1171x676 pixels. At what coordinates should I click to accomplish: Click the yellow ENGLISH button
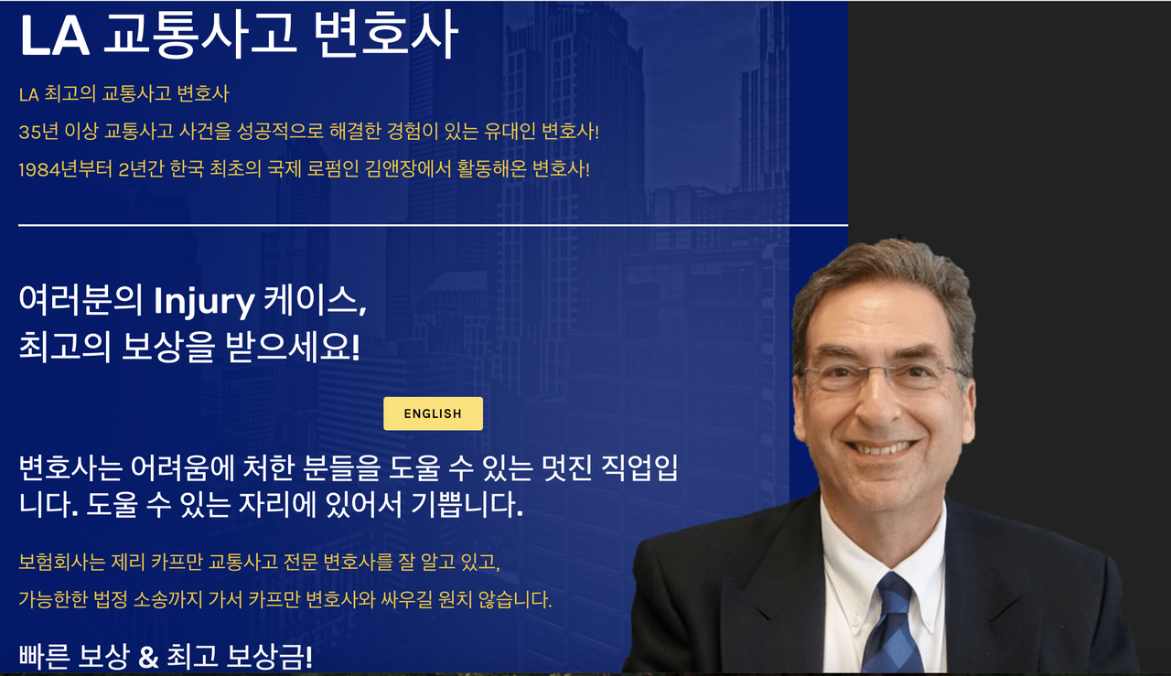pyautogui.click(x=433, y=413)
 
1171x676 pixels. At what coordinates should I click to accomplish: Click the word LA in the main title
pyautogui.click(x=55, y=37)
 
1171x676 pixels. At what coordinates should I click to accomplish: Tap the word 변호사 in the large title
pyautogui.click(x=386, y=36)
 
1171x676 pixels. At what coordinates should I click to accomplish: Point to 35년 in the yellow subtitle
pyautogui.click(x=38, y=131)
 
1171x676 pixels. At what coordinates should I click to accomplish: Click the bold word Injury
pyautogui.click(x=204, y=302)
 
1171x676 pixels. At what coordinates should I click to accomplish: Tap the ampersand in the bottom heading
pyautogui.click(x=148, y=657)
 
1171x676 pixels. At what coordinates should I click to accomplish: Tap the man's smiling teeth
pyautogui.click(x=881, y=448)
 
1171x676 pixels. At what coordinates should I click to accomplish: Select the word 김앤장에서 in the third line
pyautogui.click(x=408, y=169)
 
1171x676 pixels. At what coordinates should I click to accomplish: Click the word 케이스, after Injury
pyautogui.click(x=315, y=301)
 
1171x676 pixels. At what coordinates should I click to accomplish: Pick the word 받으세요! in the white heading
pyautogui.click(x=293, y=348)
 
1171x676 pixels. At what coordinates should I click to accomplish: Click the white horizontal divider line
pyautogui.click(x=433, y=225)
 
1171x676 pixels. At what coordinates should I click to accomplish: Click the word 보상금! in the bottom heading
pyautogui.click(x=269, y=657)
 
